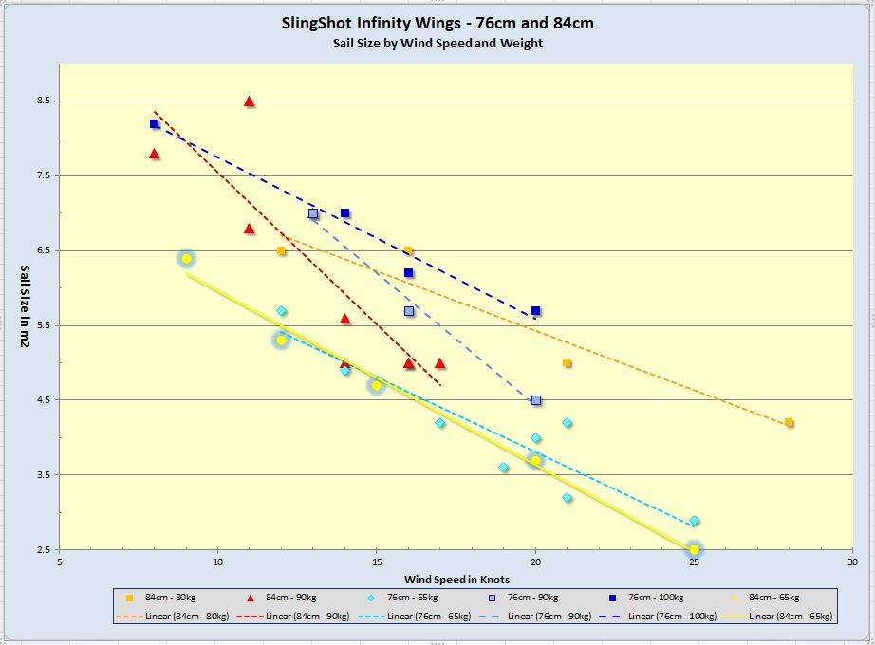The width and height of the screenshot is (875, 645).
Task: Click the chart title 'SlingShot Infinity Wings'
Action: [437, 23]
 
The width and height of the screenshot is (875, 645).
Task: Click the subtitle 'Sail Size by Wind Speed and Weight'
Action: [437, 43]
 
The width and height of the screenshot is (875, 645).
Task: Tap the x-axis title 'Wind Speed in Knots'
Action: [456, 579]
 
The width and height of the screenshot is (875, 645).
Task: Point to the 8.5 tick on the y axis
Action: [42, 101]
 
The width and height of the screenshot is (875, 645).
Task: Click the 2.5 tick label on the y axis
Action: [42, 550]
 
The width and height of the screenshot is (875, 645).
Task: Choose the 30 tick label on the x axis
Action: [852, 562]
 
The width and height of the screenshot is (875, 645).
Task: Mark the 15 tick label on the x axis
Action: [377, 562]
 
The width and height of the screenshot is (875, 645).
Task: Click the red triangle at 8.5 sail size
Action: [250, 101]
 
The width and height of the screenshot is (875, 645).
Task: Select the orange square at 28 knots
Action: [789, 423]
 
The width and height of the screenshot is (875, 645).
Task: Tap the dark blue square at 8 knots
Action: [155, 124]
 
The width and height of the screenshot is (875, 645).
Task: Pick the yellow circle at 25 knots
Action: [694, 550]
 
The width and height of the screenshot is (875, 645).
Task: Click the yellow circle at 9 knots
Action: [186, 258]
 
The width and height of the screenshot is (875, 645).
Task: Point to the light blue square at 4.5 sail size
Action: [536, 400]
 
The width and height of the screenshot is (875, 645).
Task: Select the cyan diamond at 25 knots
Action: [694, 521]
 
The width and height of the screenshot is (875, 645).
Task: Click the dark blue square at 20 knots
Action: [536, 311]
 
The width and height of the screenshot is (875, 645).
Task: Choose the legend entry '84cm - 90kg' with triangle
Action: [289, 598]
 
